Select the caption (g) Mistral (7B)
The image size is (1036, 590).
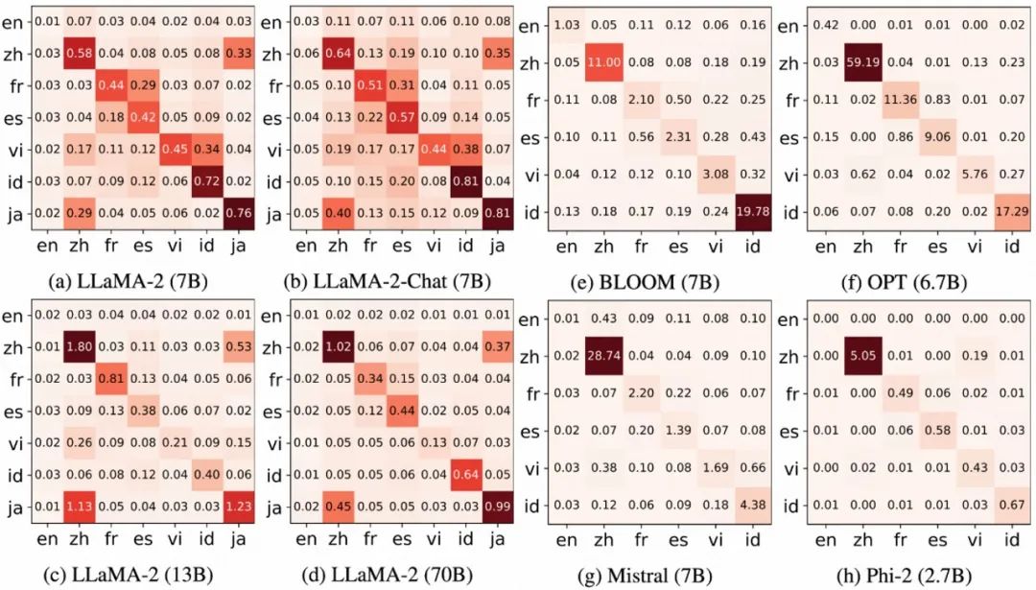654,576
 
